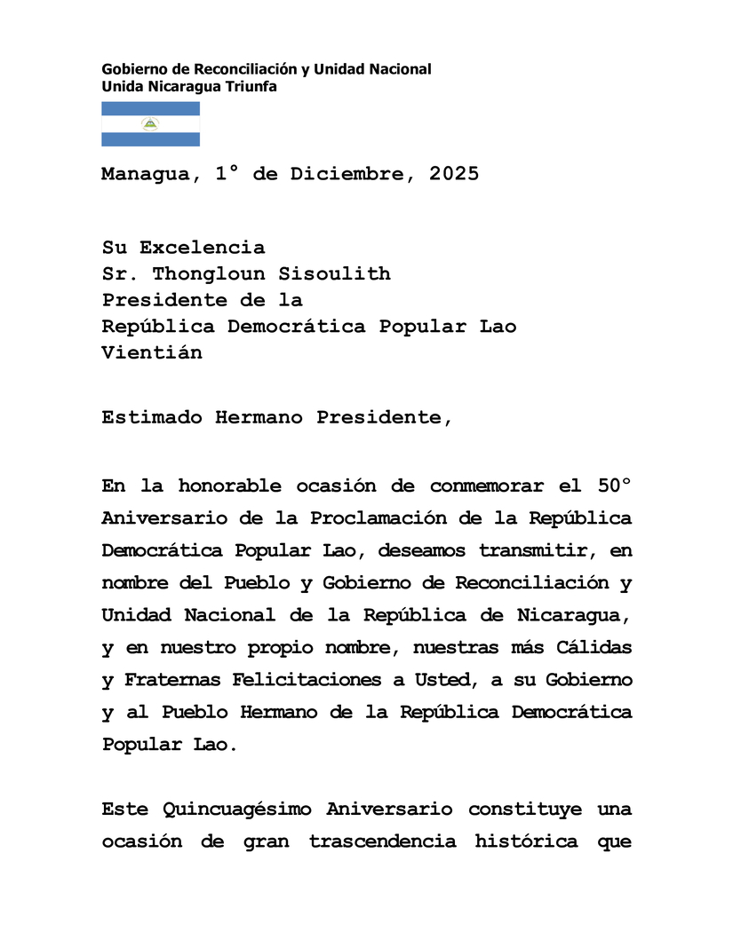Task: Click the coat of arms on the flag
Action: point(150,123)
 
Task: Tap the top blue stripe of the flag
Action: point(150,108)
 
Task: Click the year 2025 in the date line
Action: point(454,174)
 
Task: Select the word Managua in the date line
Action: point(145,174)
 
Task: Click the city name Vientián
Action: point(151,352)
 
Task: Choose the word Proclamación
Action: point(372,517)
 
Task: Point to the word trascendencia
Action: point(383,841)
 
